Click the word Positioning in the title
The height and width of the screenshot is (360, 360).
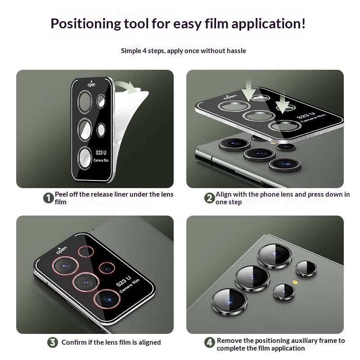click(85, 24)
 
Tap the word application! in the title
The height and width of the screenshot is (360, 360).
click(269, 24)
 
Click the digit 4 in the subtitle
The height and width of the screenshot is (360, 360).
click(144, 50)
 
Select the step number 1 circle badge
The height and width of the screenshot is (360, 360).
click(49, 198)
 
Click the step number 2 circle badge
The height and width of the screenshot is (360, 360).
click(210, 198)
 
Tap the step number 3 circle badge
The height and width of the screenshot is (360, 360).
click(53, 342)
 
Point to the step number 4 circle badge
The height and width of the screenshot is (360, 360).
click(210, 343)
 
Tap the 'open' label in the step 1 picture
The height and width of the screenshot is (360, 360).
click(91, 84)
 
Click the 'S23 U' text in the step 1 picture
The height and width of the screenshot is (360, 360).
click(101, 153)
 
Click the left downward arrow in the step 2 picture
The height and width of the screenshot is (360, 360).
click(248, 91)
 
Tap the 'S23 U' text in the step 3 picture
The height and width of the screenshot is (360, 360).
click(123, 281)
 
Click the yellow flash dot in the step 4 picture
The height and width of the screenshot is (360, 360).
click(295, 282)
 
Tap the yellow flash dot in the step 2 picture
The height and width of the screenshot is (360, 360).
click(273, 143)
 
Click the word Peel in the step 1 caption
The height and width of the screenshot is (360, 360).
click(61, 194)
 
